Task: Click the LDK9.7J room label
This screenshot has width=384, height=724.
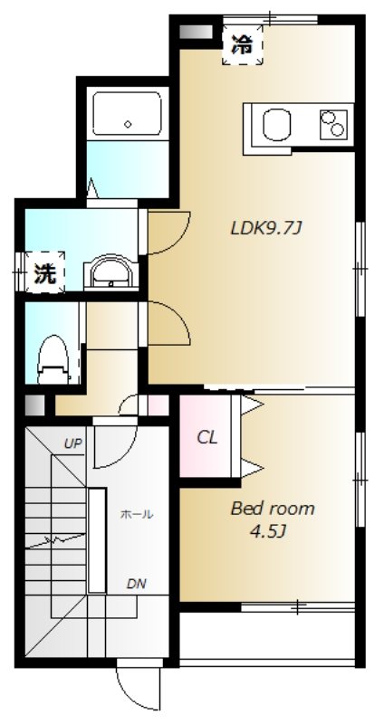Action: [266, 228]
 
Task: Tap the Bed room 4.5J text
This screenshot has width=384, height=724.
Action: [273, 519]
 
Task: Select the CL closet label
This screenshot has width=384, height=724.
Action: [207, 437]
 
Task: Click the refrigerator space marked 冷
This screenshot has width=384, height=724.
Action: [242, 44]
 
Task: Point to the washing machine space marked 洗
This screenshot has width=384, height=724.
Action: [44, 272]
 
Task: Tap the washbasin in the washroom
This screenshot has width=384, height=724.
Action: [110, 272]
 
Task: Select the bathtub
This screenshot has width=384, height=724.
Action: [127, 113]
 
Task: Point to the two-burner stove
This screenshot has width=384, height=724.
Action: [333, 123]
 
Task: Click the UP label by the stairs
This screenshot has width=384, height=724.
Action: [73, 444]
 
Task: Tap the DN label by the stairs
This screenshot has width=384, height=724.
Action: [137, 584]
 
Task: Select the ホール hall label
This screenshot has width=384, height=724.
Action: [137, 514]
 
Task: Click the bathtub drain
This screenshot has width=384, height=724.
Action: [128, 124]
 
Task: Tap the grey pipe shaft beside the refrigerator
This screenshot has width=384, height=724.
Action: [196, 32]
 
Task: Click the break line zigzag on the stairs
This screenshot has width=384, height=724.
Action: [54, 540]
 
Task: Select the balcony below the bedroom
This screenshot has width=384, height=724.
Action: [267, 636]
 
